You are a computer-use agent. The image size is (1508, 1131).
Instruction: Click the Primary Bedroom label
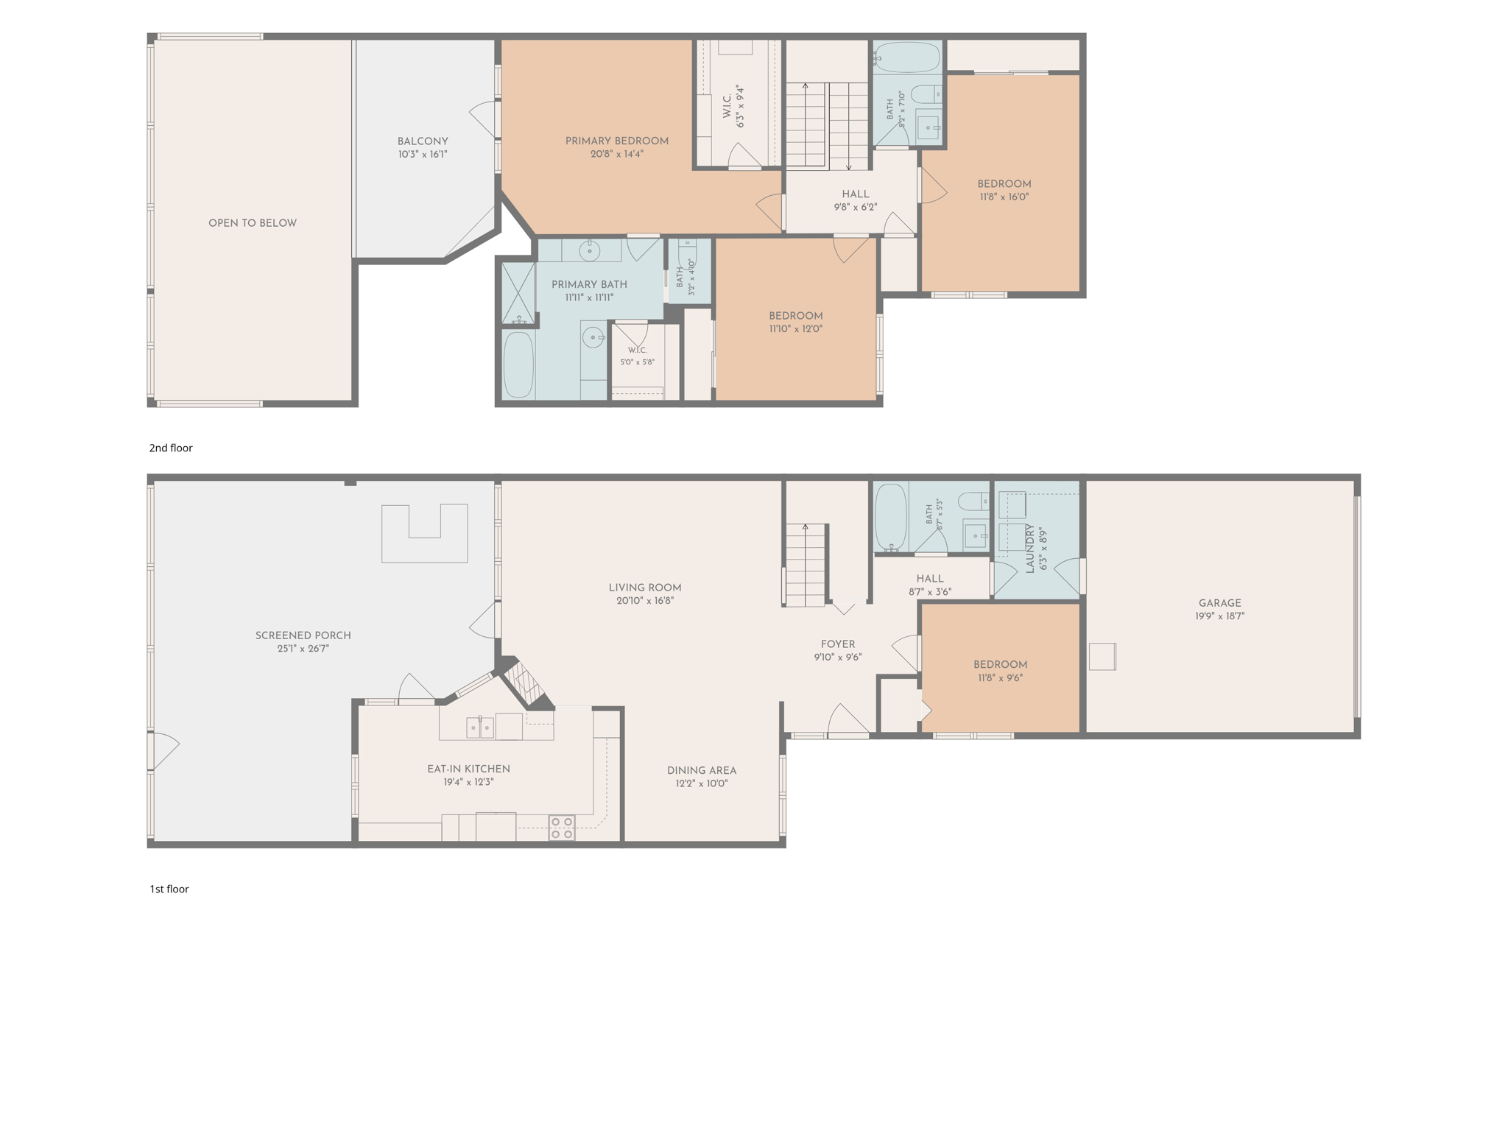(x=616, y=141)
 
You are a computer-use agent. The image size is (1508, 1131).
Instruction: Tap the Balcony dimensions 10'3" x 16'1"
(x=423, y=155)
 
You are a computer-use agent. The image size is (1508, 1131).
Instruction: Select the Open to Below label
(x=253, y=223)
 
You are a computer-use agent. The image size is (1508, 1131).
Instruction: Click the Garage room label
(x=1219, y=603)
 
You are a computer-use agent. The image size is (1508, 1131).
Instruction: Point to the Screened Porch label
(x=303, y=635)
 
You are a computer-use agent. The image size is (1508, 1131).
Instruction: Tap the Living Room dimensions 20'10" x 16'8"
(x=645, y=601)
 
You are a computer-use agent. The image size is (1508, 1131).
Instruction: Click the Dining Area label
(x=701, y=770)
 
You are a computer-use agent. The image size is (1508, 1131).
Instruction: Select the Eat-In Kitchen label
(x=468, y=769)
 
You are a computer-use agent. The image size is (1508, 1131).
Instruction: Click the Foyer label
(x=838, y=644)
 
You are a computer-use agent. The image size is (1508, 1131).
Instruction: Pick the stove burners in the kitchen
(x=562, y=828)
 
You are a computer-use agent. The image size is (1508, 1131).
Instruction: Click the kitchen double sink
(x=479, y=727)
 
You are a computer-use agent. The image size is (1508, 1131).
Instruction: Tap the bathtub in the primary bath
(x=518, y=365)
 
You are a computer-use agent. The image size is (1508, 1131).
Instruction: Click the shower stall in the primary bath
(x=518, y=293)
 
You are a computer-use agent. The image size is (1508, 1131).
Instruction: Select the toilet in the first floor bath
(x=974, y=501)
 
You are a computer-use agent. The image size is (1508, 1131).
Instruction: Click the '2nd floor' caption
(x=171, y=448)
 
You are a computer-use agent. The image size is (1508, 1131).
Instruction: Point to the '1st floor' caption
(x=169, y=889)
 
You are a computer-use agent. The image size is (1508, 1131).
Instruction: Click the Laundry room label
(x=1030, y=549)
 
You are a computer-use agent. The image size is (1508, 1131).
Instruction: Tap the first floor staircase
(x=805, y=565)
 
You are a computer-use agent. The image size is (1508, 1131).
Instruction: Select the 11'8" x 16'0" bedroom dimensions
(x=1004, y=197)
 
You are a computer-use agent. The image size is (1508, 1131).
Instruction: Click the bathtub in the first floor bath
(x=891, y=517)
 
